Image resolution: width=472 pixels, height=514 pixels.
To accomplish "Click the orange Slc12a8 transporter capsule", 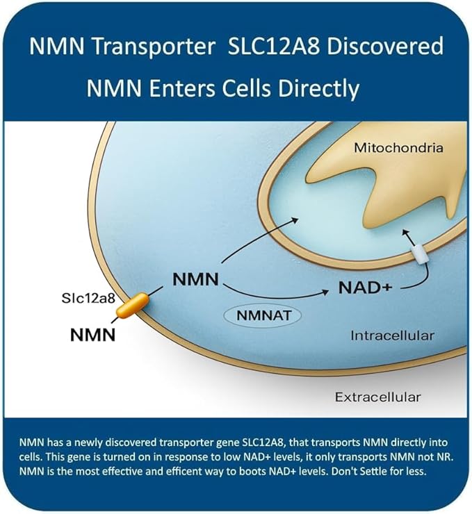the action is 133,306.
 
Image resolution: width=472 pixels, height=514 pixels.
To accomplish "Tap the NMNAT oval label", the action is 262,315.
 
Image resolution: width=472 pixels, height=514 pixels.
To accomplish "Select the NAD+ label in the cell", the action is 366,288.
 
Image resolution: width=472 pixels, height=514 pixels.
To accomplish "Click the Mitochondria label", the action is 398,148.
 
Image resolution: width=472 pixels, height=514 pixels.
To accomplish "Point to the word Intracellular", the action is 392,335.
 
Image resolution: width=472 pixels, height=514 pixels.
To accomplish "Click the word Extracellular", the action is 377,397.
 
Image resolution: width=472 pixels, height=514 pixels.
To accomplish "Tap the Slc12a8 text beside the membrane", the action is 88,298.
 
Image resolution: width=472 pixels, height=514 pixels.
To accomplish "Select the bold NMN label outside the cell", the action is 93,335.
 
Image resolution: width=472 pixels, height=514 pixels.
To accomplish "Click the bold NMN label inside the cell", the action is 195,280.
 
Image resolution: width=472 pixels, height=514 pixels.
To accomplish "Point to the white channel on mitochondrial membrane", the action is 420,256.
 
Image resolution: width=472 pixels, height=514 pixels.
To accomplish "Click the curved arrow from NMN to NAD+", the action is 275,296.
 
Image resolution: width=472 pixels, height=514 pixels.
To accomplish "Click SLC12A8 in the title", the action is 274,47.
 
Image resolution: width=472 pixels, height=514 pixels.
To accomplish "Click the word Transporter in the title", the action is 154,47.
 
